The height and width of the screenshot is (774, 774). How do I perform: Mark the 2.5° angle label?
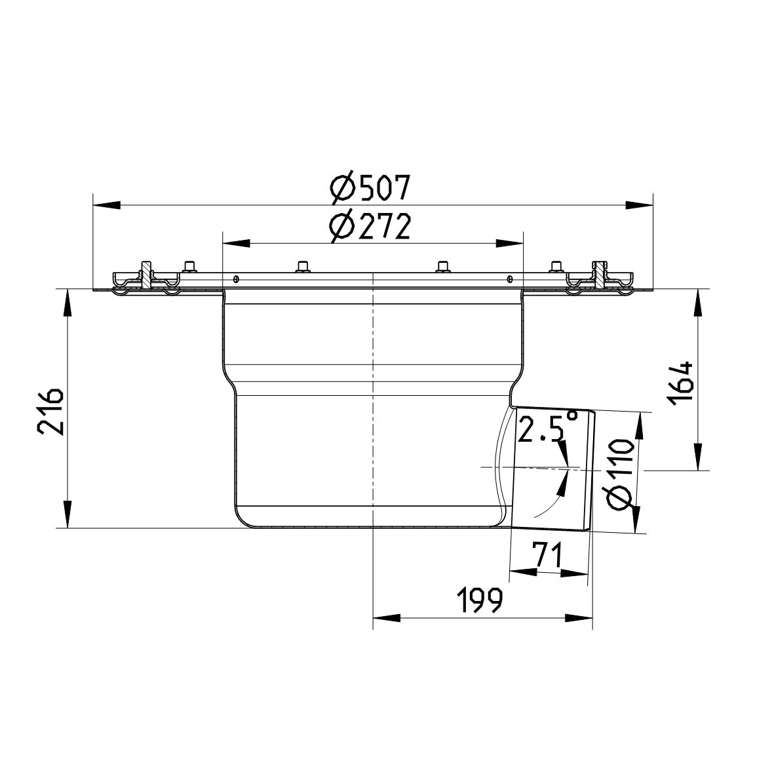pos(548,428)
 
